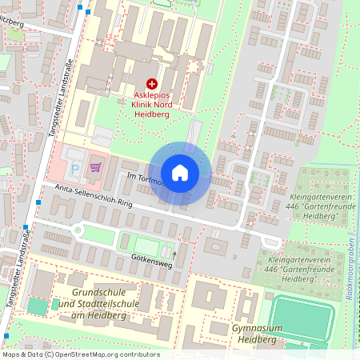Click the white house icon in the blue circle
click(x=180, y=172)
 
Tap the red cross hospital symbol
click(x=152, y=83)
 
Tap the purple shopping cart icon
click(x=95, y=166)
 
